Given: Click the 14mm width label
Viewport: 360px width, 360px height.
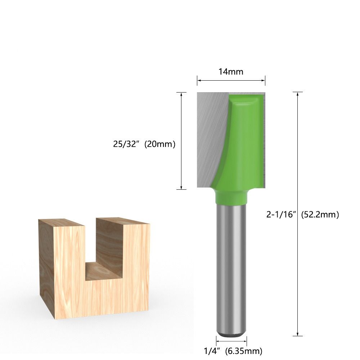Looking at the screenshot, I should coord(231,72).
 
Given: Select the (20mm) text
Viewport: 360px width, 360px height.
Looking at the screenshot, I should coord(160,144).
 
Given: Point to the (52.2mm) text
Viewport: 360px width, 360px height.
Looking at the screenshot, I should coord(320,215).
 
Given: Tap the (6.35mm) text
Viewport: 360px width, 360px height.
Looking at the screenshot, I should coord(243,350).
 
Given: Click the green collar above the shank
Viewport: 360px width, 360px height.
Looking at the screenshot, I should coord(231,196).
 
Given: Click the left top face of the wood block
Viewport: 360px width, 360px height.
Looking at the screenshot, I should coord(61,222).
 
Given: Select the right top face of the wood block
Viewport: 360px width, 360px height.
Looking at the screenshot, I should coord(122,220).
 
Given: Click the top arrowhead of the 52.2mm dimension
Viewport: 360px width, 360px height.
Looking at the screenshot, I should coord(297,94).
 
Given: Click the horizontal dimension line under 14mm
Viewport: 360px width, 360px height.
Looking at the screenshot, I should coord(231,81).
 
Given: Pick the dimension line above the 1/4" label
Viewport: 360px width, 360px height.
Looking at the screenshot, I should coord(231,340).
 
